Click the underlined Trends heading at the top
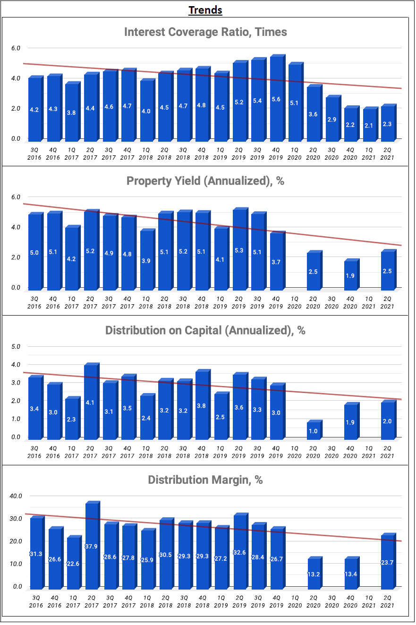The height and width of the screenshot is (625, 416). point(205,10)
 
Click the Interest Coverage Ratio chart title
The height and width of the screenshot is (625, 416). point(205,32)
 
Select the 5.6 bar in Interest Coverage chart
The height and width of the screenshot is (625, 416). point(276,99)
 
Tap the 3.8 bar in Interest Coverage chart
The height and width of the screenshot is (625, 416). point(71,113)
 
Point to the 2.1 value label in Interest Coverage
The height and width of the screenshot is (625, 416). point(369,125)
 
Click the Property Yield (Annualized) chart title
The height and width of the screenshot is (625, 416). point(205,181)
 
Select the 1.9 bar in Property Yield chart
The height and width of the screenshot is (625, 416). point(350,275)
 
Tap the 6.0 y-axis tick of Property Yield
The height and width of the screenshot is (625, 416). point(16,197)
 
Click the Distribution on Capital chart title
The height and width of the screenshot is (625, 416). point(205,330)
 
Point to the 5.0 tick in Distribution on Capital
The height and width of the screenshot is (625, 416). point(16,346)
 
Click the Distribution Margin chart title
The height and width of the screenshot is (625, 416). point(205,480)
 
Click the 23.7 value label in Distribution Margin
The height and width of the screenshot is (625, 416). point(388,563)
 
